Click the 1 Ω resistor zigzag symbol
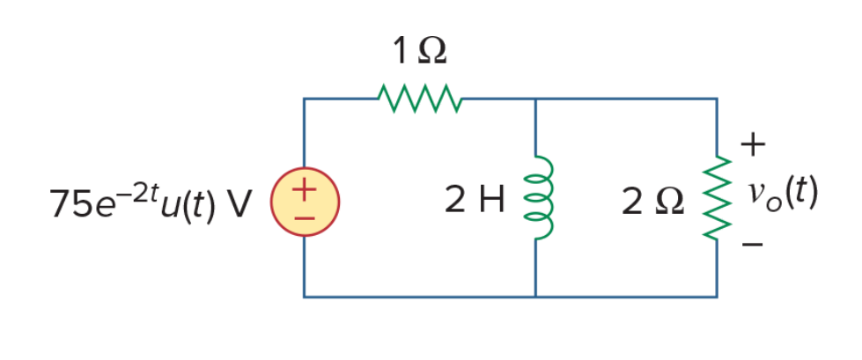pyautogui.click(x=420, y=99)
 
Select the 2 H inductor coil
pyautogui.click(x=539, y=198)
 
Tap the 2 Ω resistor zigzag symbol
pyautogui.click(x=718, y=198)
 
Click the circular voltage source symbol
pyautogui.click(x=305, y=202)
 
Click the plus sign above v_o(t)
pyautogui.click(x=753, y=145)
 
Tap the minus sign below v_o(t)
pyautogui.click(x=752, y=244)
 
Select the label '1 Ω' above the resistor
pyautogui.click(x=419, y=52)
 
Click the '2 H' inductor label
pyautogui.click(x=475, y=201)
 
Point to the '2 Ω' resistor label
pyautogui.click(x=653, y=202)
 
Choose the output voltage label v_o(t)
pyautogui.click(x=782, y=196)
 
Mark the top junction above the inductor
pyautogui.click(x=536, y=99)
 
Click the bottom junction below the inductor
pyautogui.click(x=536, y=298)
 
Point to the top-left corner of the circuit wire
pyautogui.click(x=304, y=99)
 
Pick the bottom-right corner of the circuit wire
pyautogui.click(x=717, y=298)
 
